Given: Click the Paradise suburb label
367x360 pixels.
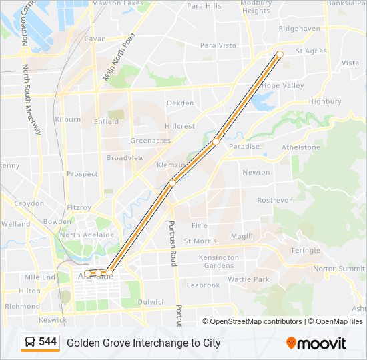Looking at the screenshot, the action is tap(244, 146).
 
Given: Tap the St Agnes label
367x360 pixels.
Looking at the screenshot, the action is tap(311, 51).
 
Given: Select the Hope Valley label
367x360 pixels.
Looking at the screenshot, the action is tap(283, 86).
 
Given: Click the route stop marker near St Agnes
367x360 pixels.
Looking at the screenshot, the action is tap(280, 54).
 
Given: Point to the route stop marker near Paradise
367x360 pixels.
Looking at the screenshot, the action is tap(216, 142).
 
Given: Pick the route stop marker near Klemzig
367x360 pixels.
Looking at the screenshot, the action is tap(172, 182).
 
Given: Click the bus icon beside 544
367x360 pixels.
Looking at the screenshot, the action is tap(30, 343).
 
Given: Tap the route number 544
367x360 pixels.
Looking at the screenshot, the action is tap(48, 342).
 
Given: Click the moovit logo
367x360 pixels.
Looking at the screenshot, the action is tap(316, 343).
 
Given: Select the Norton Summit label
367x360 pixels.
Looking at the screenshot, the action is tap(339, 269).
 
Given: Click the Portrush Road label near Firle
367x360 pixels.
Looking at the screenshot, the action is tap(172, 243).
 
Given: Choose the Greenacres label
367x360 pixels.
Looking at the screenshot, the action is tap(150, 141).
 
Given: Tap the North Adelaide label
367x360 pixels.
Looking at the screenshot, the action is tap(87, 235).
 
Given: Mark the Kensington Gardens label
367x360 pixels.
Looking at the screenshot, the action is tap(219, 261).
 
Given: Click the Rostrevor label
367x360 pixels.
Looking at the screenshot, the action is tap(274, 200).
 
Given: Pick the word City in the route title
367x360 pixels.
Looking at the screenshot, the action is tap(211, 343).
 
